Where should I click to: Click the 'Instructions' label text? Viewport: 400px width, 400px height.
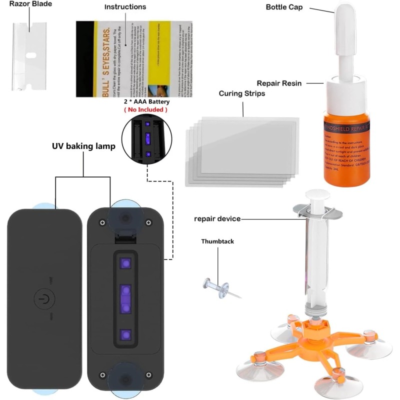point(125,7)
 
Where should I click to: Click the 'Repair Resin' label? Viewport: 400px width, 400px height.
point(279,83)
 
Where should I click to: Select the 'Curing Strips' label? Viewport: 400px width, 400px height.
point(242,93)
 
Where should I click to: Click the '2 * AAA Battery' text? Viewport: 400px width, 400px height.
point(145,101)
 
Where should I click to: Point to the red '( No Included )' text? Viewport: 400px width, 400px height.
point(145,109)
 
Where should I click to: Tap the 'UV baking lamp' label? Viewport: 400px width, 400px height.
point(83,146)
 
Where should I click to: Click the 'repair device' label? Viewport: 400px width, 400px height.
point(217,218)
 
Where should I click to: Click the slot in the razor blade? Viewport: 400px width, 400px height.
point(30,56)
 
